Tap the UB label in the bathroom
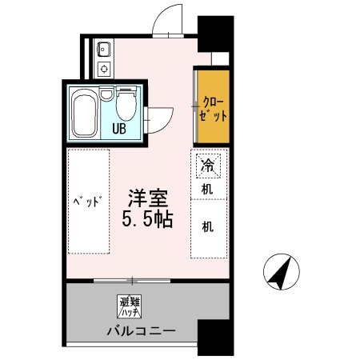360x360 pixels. pos(118,127)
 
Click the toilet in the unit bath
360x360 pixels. pos(126,103)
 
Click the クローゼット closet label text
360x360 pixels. pos(214,108)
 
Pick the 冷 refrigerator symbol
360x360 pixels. pos(207,166)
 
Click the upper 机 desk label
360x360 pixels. pos(207,190)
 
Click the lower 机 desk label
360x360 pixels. pos(207,226)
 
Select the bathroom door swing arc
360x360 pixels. pos(162,117)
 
